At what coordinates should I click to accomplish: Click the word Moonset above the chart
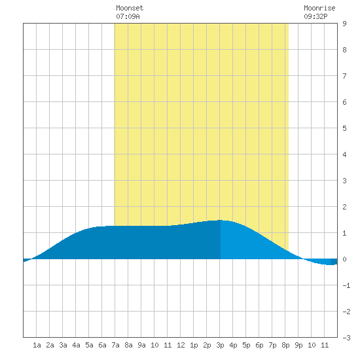[x=130, y=8]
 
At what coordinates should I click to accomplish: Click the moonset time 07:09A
[x=128, y=16]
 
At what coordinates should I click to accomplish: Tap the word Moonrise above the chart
[x=319, y=8]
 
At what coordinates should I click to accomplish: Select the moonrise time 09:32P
[x=315, y=16]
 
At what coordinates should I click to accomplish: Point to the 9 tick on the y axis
[x=344, y=24]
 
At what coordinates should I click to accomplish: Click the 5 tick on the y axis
[x=344, y=128]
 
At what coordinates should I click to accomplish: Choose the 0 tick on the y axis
[x=344, y=259]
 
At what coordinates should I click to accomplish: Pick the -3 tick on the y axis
[x=346, y=338]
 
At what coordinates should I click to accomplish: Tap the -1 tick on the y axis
[x=346, y=285]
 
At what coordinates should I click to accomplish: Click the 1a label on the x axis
[x=37, y=345]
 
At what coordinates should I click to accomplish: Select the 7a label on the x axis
[x=115, y=345]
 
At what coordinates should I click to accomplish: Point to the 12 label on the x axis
[x=181, y=345]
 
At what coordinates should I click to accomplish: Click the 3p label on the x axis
[x=220, y=345]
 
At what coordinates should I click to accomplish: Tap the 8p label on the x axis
[x=285, y=345]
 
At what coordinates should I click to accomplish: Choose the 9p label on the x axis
[x=298, y=345]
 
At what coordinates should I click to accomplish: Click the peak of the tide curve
[x=220, y=220]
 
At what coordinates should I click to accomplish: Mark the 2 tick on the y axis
[x=344, y=207]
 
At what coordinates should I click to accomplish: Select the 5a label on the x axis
[x=89, y=345]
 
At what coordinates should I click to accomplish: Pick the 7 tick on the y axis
[x=344, y=76]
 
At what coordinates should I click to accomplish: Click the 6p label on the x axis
[x=259, y=345]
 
